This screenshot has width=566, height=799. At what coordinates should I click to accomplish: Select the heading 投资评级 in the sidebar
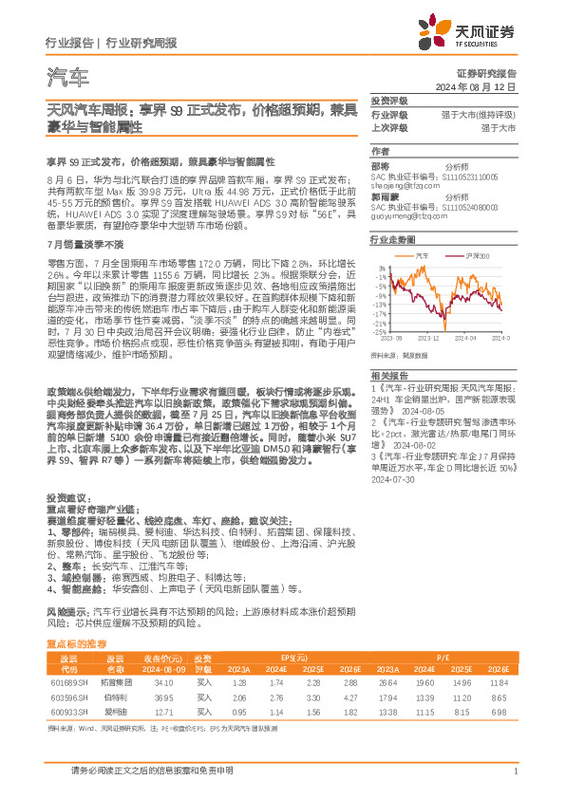389,101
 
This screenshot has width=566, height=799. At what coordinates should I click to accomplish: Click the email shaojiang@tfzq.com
405,186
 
